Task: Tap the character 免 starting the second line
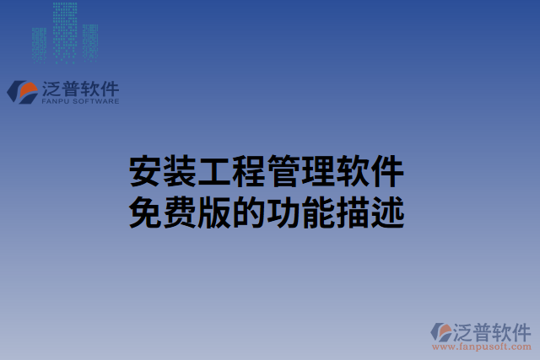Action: point(145,212)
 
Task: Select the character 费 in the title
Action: point(180,212)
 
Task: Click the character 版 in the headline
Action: point(214,212)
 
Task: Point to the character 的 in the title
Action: point(249,212)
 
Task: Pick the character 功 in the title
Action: point(283,212)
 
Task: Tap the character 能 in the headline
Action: point(318,212)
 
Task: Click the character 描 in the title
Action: point(353,212)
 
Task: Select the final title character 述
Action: point(387,212)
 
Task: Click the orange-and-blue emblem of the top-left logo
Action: point(22,91)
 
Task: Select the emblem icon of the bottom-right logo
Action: point(441,331)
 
